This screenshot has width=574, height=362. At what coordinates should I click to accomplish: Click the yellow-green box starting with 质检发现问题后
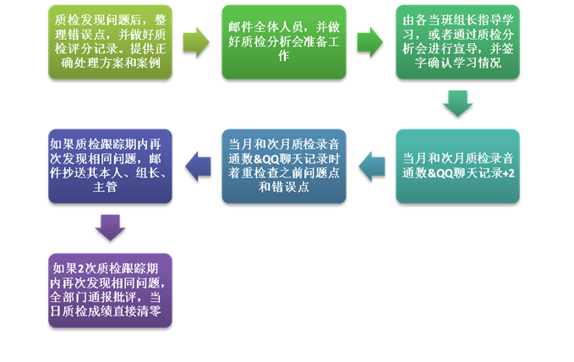click(110, 42)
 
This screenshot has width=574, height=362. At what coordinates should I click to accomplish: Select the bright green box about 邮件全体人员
click(284, 42)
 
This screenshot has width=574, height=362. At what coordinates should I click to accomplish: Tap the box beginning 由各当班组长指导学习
click(457, 42)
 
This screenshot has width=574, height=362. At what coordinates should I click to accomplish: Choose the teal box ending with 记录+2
click(457, 167)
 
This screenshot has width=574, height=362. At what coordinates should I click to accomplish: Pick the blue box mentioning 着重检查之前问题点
click(284, 167)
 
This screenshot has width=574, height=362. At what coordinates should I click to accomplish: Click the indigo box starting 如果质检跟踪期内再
click(110, 167)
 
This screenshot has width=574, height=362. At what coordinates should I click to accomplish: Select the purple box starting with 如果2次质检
click(110, 291)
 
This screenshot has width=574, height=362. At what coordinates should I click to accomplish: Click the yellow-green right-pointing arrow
click(196, 42)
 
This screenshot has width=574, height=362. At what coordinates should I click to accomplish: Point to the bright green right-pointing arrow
click(370, 42)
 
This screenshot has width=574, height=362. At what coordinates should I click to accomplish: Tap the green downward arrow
click(457, 104)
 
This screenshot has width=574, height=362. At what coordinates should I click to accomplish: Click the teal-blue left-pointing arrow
click(372, 167)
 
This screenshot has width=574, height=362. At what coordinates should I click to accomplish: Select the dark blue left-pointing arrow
click(198, 167)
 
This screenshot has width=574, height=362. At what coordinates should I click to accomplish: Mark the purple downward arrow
click(110, 228)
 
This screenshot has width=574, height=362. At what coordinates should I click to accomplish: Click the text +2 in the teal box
click(508, 173)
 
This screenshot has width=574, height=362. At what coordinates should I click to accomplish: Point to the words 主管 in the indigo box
click(105, 187)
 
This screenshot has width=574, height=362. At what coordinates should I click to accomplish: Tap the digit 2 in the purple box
click(81, 269)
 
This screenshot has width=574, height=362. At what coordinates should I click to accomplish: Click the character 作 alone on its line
click(284, 56)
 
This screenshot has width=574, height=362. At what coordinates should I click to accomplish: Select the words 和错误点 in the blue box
click(284, 187)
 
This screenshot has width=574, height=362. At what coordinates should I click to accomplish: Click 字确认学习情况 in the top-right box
click(457, 63)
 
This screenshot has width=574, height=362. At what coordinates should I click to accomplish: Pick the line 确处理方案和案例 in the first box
click(111, 63)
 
